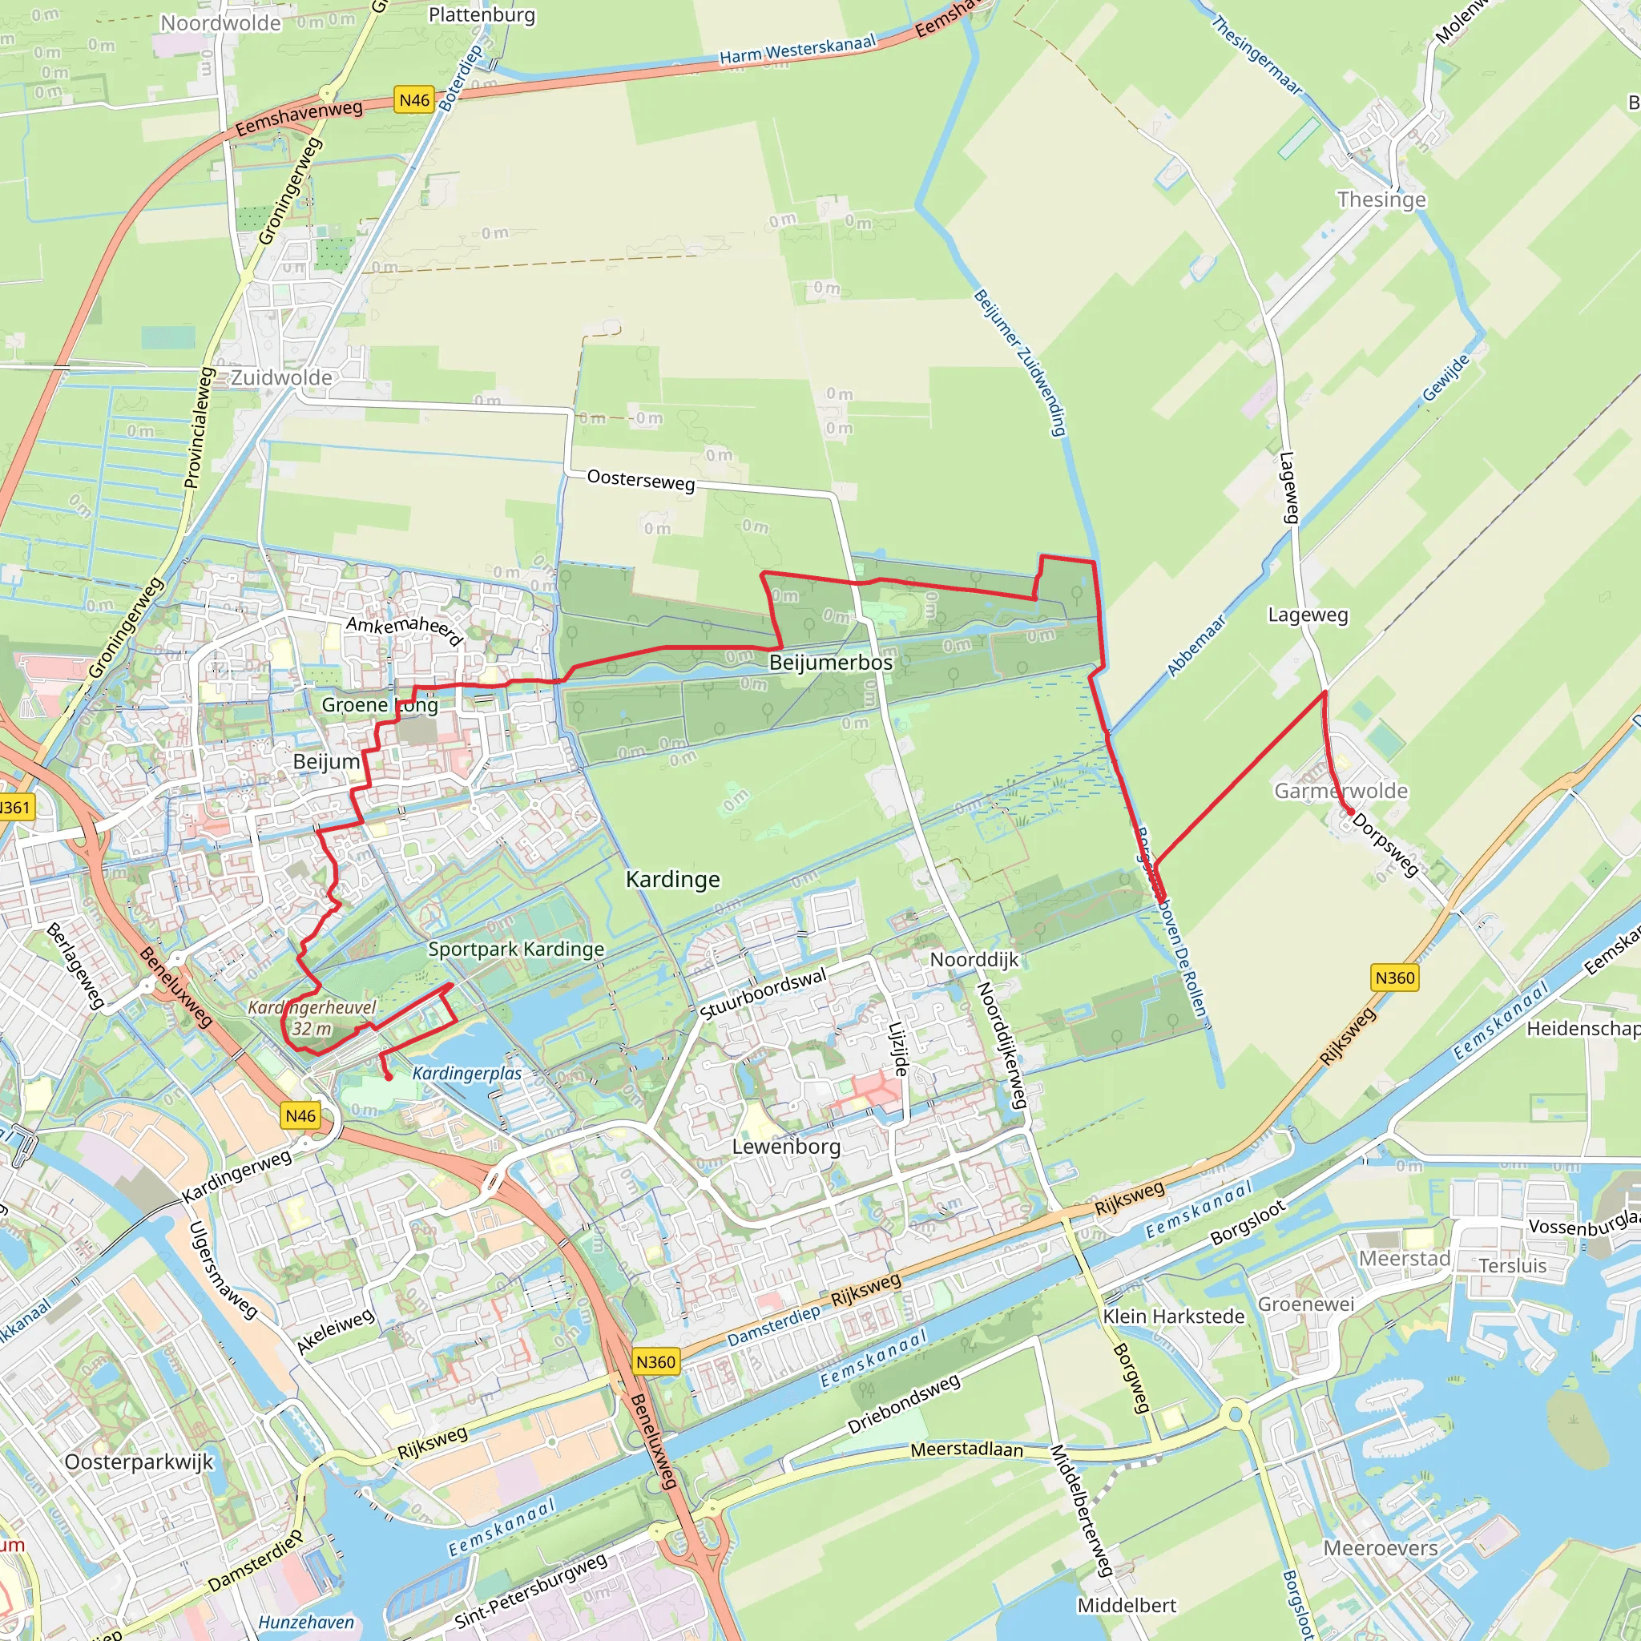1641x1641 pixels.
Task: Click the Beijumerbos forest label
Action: click(x=831, y=663)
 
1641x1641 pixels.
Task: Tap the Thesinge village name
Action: click(x=1381, y=200)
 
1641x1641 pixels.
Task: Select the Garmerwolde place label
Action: click(x=1341, y=791)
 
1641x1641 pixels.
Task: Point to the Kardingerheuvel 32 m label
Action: click(x=312, y=1018)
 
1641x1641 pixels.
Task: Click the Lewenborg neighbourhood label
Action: click(x=787, y=1146)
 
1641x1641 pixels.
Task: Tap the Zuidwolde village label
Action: click(x=281, y=377)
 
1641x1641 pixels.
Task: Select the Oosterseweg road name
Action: click(x=641, y=480)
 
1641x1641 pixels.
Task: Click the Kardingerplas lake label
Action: click(x=466, y=1074)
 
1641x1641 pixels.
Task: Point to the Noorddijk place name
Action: click(x=974, y=960)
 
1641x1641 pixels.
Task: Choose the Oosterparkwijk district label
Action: click(x=139, y=1462)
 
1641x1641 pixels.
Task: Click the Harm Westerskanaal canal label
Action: click(x=796, y=49)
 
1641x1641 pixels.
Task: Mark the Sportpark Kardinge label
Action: click(x=515, y=949)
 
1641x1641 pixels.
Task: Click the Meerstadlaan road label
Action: click(x=966, y=1449)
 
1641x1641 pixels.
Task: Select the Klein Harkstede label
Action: click(x=1173, y=1316)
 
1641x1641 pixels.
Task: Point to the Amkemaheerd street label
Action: click(x=405, y=631)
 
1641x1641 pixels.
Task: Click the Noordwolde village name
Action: click(x=221, y=23)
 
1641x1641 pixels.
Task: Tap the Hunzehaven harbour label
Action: click(x=306, y=1623)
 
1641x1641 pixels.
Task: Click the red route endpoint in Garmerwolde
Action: click(x=1350, y=812)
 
